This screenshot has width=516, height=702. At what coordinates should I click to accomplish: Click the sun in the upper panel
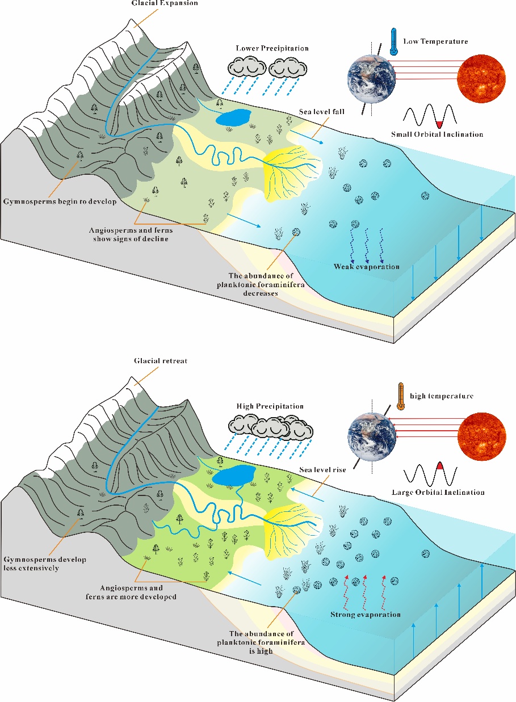(481, 78)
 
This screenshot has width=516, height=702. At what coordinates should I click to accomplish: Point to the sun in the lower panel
(481, 436)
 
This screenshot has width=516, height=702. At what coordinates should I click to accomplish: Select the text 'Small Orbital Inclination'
(437, 134)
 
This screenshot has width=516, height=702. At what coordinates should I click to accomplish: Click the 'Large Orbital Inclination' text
(438, 492)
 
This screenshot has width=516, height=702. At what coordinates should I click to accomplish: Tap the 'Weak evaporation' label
(366, 266)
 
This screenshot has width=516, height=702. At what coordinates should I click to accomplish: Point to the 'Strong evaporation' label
(366, 615)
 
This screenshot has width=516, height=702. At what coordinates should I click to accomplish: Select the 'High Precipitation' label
(270, 406)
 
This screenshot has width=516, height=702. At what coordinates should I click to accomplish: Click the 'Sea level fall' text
(322, 112)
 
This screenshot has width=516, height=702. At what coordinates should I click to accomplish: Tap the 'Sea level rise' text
(322, 470)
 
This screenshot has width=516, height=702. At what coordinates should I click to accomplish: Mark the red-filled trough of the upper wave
(439, 123)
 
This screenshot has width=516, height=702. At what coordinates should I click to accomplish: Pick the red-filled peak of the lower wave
(439, 466)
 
